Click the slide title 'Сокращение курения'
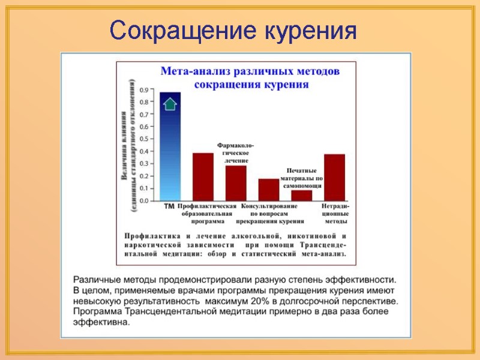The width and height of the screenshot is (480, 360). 233,30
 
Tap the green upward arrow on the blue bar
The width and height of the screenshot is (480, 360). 170,104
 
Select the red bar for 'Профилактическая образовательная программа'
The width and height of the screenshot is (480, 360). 203,177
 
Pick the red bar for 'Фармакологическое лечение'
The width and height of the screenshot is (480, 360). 236,183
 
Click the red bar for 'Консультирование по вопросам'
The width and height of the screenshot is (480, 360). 269,190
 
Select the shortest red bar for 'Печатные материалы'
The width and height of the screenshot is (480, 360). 301,195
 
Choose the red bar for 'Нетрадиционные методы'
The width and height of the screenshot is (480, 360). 334,178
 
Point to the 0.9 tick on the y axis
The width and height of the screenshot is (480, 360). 145,90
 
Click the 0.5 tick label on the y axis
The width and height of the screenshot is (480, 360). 145,139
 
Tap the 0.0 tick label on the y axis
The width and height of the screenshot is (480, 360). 145,201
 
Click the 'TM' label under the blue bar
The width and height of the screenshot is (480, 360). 170,206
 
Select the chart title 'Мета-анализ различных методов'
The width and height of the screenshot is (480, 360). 250,71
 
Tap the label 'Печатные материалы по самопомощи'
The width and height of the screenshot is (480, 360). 302,178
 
